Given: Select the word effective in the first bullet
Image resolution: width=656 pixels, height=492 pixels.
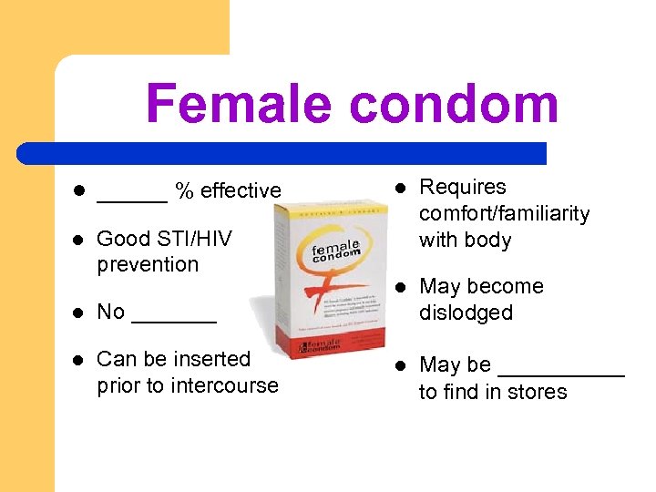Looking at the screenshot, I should point(241,190).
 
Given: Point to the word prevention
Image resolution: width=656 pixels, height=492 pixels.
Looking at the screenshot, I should point(148,264).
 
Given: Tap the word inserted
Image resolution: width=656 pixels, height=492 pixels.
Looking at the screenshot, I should point(212,359).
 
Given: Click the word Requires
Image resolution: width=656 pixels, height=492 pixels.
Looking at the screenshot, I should point(463,188).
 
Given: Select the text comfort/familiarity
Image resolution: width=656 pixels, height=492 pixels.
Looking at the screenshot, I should point(504,214).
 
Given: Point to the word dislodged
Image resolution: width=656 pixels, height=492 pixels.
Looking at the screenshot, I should point(466,313).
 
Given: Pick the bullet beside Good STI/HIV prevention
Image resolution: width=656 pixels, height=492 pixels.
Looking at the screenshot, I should point(77,240).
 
